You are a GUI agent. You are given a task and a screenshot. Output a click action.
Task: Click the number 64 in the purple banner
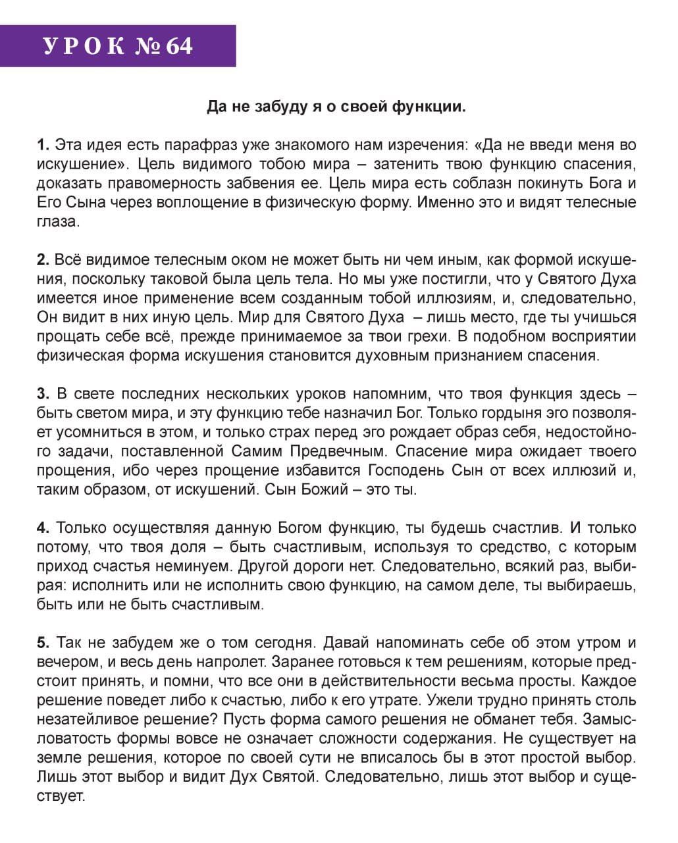coord(180,46)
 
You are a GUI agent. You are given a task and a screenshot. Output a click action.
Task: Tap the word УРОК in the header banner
coord(85,46)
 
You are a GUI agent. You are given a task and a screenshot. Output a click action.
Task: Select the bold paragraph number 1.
coord(43,145)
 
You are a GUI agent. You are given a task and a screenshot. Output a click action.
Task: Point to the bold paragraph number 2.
coord(43,259)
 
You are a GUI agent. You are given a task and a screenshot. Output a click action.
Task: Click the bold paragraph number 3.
coord(43,394)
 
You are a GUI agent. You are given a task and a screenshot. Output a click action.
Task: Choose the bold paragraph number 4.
coord(43,528)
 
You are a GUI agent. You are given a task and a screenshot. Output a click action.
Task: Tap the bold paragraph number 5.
coord(43,642)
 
